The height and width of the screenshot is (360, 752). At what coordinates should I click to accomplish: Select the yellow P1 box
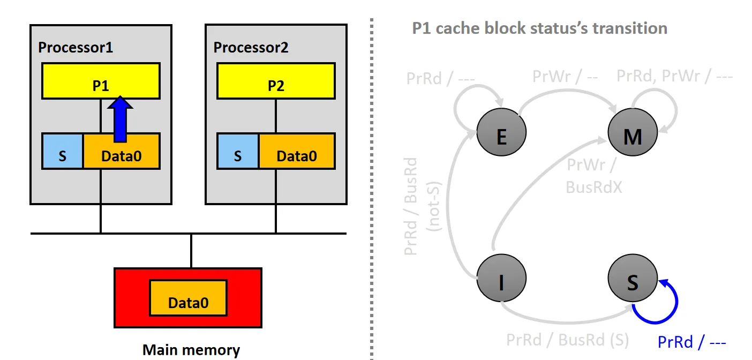(101, 80)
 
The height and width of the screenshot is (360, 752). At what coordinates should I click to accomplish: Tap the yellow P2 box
(276, 80)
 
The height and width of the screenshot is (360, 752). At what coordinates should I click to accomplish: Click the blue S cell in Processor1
(63, 151)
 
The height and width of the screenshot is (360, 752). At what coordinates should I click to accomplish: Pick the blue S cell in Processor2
(238, 151)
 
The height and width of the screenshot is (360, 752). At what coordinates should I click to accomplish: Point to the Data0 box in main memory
(188, 298)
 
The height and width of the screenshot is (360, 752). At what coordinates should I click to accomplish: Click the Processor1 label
(76, 47)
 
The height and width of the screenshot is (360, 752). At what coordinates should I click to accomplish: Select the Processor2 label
(251, 47)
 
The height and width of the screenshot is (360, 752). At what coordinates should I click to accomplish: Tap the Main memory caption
(191, 350)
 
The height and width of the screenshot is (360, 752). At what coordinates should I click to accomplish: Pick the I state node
(501, 281)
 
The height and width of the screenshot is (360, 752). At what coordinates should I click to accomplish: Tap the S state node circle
(633, 281)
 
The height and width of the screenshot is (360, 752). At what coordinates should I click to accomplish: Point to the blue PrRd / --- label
(691, 341)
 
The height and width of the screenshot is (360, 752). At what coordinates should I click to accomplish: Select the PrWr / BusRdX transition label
(593, 176)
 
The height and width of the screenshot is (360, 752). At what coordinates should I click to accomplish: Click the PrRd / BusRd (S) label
(568, 340)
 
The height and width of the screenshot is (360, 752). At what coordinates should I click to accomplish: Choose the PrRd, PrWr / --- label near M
(674, 76)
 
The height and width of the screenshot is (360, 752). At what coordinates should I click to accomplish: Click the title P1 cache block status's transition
(539, 28)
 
